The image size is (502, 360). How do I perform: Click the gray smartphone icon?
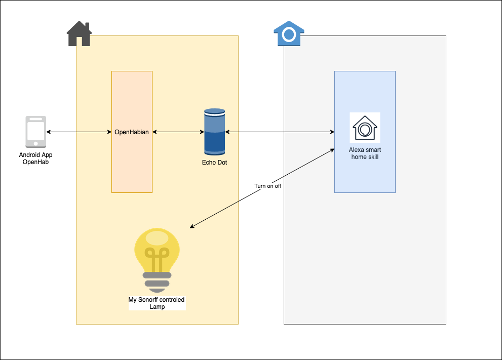point(36,132)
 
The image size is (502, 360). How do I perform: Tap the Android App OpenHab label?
point(36,158)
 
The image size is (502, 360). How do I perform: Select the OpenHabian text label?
point(132,132)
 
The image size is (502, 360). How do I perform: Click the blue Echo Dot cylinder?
point(214,132)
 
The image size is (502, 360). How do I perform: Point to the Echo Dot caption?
point(214,163)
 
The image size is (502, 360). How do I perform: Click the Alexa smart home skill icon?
point(365,128)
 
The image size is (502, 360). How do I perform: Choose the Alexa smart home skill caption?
point(365,153)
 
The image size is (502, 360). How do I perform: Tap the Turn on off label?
point(267,186)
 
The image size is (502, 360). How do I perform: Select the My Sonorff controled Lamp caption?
point(157,303)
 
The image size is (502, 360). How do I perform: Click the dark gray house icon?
point(79,34)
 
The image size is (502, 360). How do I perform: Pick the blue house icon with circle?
point(289,34)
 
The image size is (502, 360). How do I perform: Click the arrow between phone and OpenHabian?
point(79,132)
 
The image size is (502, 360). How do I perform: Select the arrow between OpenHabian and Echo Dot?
point(178,132)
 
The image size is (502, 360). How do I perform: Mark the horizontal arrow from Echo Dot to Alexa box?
point(280,132)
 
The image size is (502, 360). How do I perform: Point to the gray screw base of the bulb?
point(158,279)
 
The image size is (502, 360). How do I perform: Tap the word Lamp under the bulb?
point(157,307)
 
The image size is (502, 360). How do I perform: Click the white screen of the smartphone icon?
point(36,132)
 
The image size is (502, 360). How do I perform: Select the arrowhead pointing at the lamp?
point(192,227)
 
